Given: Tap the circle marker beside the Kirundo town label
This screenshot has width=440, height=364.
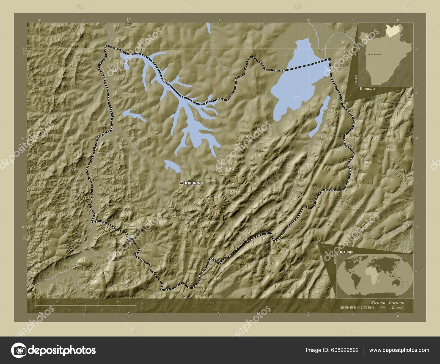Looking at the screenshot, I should tap(181, 183).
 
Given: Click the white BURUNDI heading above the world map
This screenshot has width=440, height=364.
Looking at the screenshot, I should tap(346, 252).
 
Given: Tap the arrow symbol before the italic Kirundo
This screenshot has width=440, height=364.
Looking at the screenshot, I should tap(383, 307).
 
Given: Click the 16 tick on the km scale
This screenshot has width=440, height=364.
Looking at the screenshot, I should tap(118, 302).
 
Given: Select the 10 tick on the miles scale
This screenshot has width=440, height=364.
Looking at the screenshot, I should tap(119, 310).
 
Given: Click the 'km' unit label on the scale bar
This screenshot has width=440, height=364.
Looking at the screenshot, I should tap(142, 303).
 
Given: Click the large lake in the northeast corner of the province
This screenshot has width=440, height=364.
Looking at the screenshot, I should tap(296, 80).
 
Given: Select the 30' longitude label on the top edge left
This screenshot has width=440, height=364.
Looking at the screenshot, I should tap(129, 20).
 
